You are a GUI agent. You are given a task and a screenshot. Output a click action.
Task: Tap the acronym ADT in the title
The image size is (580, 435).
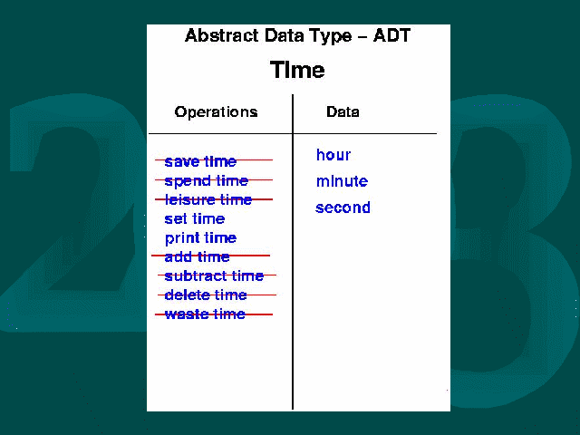pos(391,36)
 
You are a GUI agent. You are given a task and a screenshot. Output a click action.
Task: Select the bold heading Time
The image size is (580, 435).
pos(297,70)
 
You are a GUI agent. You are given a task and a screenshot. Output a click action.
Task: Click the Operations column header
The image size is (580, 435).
pos(216,111)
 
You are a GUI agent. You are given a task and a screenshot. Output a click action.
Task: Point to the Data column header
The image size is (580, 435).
pos(343,111)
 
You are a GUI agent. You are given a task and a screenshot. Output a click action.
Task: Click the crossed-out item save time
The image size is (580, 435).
pos(200,161)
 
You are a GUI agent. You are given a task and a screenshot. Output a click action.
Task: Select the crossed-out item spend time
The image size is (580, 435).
pos(206,181)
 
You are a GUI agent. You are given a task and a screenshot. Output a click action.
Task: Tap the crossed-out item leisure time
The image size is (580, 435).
pos(208,199)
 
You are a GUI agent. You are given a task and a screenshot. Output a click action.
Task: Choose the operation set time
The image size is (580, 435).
pos(195,219)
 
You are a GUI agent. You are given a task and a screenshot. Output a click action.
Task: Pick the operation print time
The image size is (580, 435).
pos(200,238)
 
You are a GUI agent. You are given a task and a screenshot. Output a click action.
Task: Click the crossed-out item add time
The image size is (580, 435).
pos(197,256)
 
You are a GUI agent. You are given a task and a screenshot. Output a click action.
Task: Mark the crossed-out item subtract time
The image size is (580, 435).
pos(214,275)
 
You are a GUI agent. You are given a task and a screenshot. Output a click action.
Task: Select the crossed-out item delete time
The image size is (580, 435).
pos(206,295)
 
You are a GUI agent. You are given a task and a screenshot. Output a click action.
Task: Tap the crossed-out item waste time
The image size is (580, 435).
pos(205,314)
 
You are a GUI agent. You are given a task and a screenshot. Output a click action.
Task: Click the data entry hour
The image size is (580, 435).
pos(333,155)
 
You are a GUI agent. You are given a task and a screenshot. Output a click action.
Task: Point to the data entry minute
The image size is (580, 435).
pos(342,181)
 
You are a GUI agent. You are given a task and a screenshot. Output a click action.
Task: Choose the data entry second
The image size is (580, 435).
pos(343,208)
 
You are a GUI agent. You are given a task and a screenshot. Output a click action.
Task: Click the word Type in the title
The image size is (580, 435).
pos(330,36)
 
